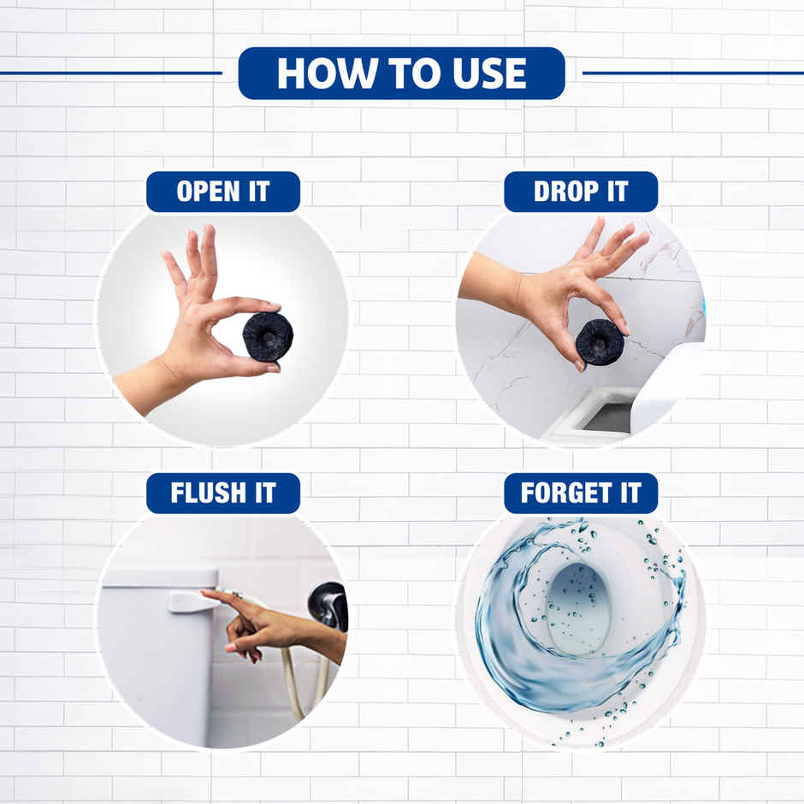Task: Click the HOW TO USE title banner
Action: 401,74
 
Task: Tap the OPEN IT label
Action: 222,192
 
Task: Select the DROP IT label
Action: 581,192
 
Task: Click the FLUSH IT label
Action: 222,494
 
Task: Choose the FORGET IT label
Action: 581,494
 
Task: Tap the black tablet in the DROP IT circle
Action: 599,342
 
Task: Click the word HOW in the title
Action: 317,74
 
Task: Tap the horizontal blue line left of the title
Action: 111,73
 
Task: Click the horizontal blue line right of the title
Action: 693,73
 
